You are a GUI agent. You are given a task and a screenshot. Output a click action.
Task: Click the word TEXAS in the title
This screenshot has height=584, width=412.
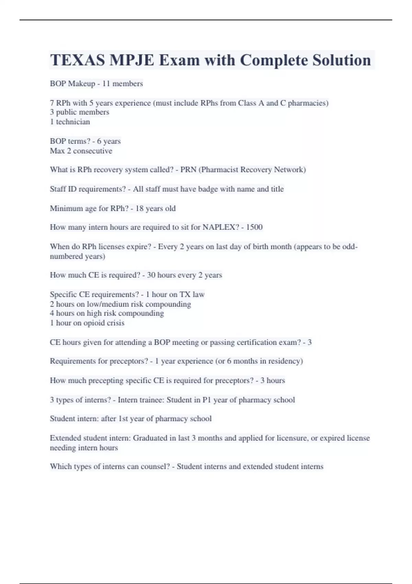tap(78, 60)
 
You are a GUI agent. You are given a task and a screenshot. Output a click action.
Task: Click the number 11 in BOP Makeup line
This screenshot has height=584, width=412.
tap(106, 83)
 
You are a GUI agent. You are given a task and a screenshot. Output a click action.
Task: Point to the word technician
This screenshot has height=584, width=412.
tap(73, 122)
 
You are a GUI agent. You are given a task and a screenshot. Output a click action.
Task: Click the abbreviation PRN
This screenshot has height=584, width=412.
tap(188, 170)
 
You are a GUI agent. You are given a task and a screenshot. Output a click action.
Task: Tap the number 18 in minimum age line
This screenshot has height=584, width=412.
tap(139, 209)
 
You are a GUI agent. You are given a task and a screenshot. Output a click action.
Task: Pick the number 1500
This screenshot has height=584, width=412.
tap(254, 227)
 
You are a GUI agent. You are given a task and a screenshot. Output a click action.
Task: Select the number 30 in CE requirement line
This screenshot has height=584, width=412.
tap(151, 275)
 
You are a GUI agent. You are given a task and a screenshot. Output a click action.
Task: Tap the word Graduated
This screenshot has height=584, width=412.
tap(150, 438)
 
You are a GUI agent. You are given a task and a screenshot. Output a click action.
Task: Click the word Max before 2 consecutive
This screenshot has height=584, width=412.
tap(57, 151)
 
